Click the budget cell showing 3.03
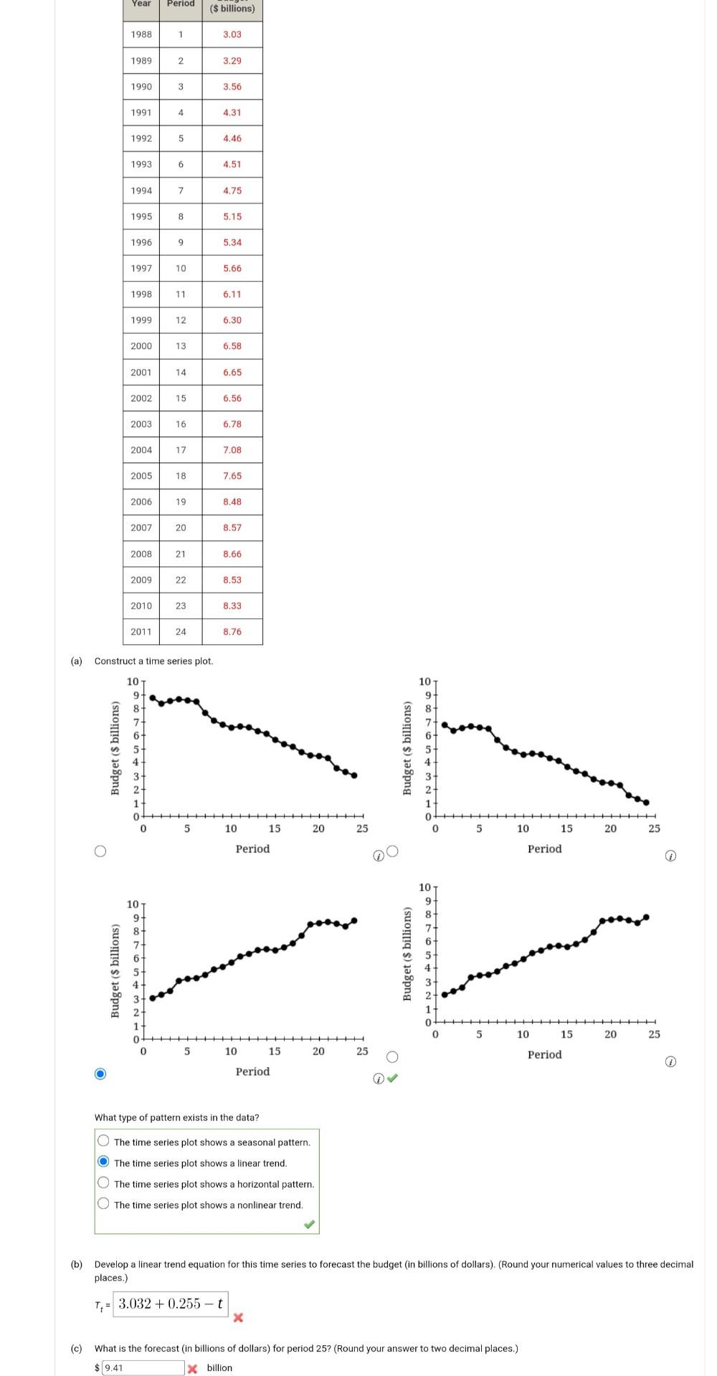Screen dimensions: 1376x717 click(x=232, y=34)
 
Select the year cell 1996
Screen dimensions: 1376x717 click(x=141, y=242)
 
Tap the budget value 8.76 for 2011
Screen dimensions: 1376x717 click(x=232, y=631)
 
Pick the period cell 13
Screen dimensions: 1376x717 click(x=181, y=346)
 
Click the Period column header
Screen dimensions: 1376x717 click(x=181, y=4)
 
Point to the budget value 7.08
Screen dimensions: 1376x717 click(x=232, y=450)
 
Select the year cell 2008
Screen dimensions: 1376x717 click(x=141, y=554)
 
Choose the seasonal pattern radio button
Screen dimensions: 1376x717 click(x=104, y=1142)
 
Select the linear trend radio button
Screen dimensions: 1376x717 click(x=104, y=1162)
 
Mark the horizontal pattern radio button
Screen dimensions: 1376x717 click(x=104, y=1183)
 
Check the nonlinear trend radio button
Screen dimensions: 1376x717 click(x=104, y=1204)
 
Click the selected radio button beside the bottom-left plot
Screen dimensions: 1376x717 click(x=100, y=1074)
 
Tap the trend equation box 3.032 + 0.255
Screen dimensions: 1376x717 click(x=171, y=1304)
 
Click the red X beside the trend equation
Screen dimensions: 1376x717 click(x=238, y=1317)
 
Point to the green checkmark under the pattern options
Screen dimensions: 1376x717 click(x=309, y=1224)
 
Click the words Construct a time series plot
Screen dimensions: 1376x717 click(x=153, y=661)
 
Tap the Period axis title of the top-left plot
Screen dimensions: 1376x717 click(x=252, y=849)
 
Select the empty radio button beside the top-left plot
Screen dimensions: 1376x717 click(x=100, y=851)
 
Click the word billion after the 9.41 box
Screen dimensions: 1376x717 click(x=219, y=1367)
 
